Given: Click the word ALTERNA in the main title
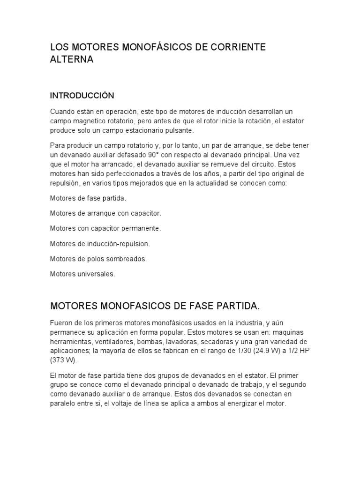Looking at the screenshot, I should [x=72, y=60].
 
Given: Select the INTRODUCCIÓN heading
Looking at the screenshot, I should [x=82, y=96].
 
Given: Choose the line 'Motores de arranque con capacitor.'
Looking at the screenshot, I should [x=105, y=213].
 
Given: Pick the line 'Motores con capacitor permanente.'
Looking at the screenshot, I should [x=105, y=228].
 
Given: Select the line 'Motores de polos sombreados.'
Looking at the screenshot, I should [x=98, y=258].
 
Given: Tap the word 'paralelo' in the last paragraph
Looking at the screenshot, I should [x=63, y=403].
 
